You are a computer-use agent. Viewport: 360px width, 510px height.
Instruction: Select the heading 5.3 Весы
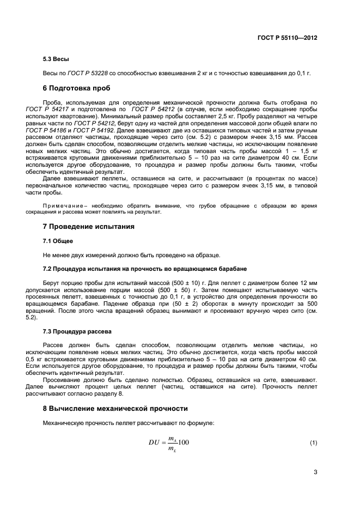[56, 59]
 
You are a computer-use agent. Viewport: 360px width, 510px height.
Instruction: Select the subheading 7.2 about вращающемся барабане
[145, 269]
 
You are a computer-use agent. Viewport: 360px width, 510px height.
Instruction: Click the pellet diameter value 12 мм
[307, 283]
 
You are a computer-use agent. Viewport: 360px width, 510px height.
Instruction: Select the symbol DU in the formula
[155, 443]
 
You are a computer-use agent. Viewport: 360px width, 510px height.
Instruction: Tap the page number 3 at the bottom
[315, 472]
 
